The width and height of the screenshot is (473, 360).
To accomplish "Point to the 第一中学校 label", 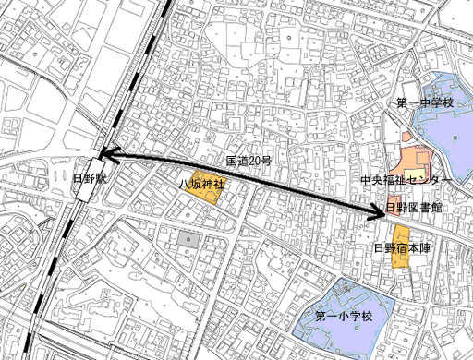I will coord(425,102).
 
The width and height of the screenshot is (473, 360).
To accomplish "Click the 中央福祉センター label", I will coord(406,178).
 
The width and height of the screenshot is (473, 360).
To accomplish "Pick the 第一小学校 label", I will coord(343,316).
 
